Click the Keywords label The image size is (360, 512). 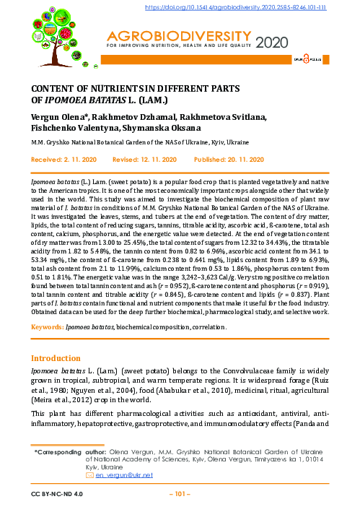(46, 327)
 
